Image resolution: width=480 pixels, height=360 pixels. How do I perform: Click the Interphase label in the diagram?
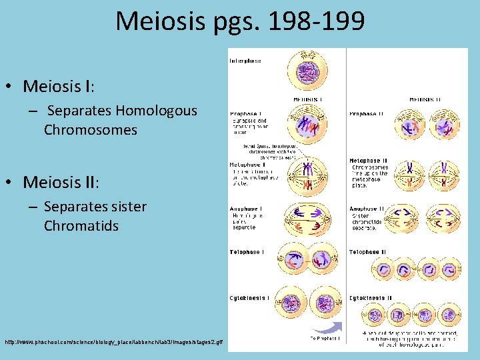(x=245, y=61)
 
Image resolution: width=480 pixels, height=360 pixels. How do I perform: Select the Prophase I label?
(x=245, y=113)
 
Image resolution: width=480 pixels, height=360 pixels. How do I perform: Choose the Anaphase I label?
(x=245, y=209)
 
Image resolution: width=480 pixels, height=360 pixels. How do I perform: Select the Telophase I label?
(x=246, y=252)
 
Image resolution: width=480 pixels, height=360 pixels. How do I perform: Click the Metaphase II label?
(x=367, y=161)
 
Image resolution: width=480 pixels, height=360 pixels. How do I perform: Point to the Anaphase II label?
(x=367, y=209)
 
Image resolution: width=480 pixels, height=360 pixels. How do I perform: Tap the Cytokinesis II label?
(x=371, y=298)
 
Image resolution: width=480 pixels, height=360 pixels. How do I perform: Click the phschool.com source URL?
(x=114, y=342)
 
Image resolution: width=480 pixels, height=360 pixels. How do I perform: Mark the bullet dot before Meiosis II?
(x=13, y=183)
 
